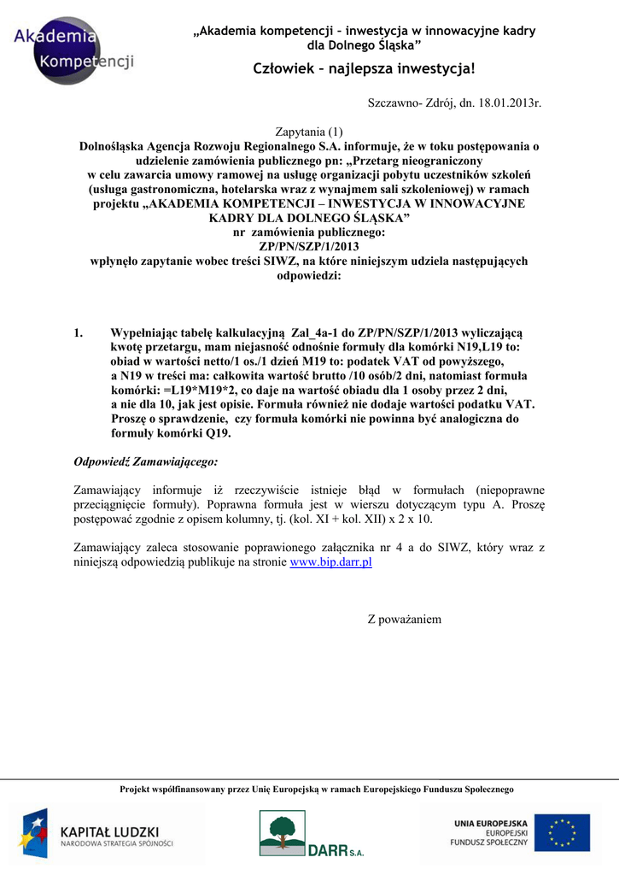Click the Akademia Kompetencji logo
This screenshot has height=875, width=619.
pyautogui.click(x=73, y=50)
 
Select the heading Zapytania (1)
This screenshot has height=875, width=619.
pyautogui.click(x=308, y=132)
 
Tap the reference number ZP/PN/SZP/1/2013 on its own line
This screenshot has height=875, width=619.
pyautogui.click(x=309, y=247)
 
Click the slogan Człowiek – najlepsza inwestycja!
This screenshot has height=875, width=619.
pyautogui.click(x=365, y=68)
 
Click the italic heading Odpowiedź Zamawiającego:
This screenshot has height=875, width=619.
pyautogui.click(x=146, y=462)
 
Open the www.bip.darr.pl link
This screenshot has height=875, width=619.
pyautogui.click(x=331, y=562)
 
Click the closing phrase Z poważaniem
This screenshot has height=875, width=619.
pyautogui.click(x=405, y=619)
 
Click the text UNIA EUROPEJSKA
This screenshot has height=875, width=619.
pyautogui.click(x=491, y=823)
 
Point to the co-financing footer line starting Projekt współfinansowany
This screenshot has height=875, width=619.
pyautogui.click(x=317, y=790)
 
